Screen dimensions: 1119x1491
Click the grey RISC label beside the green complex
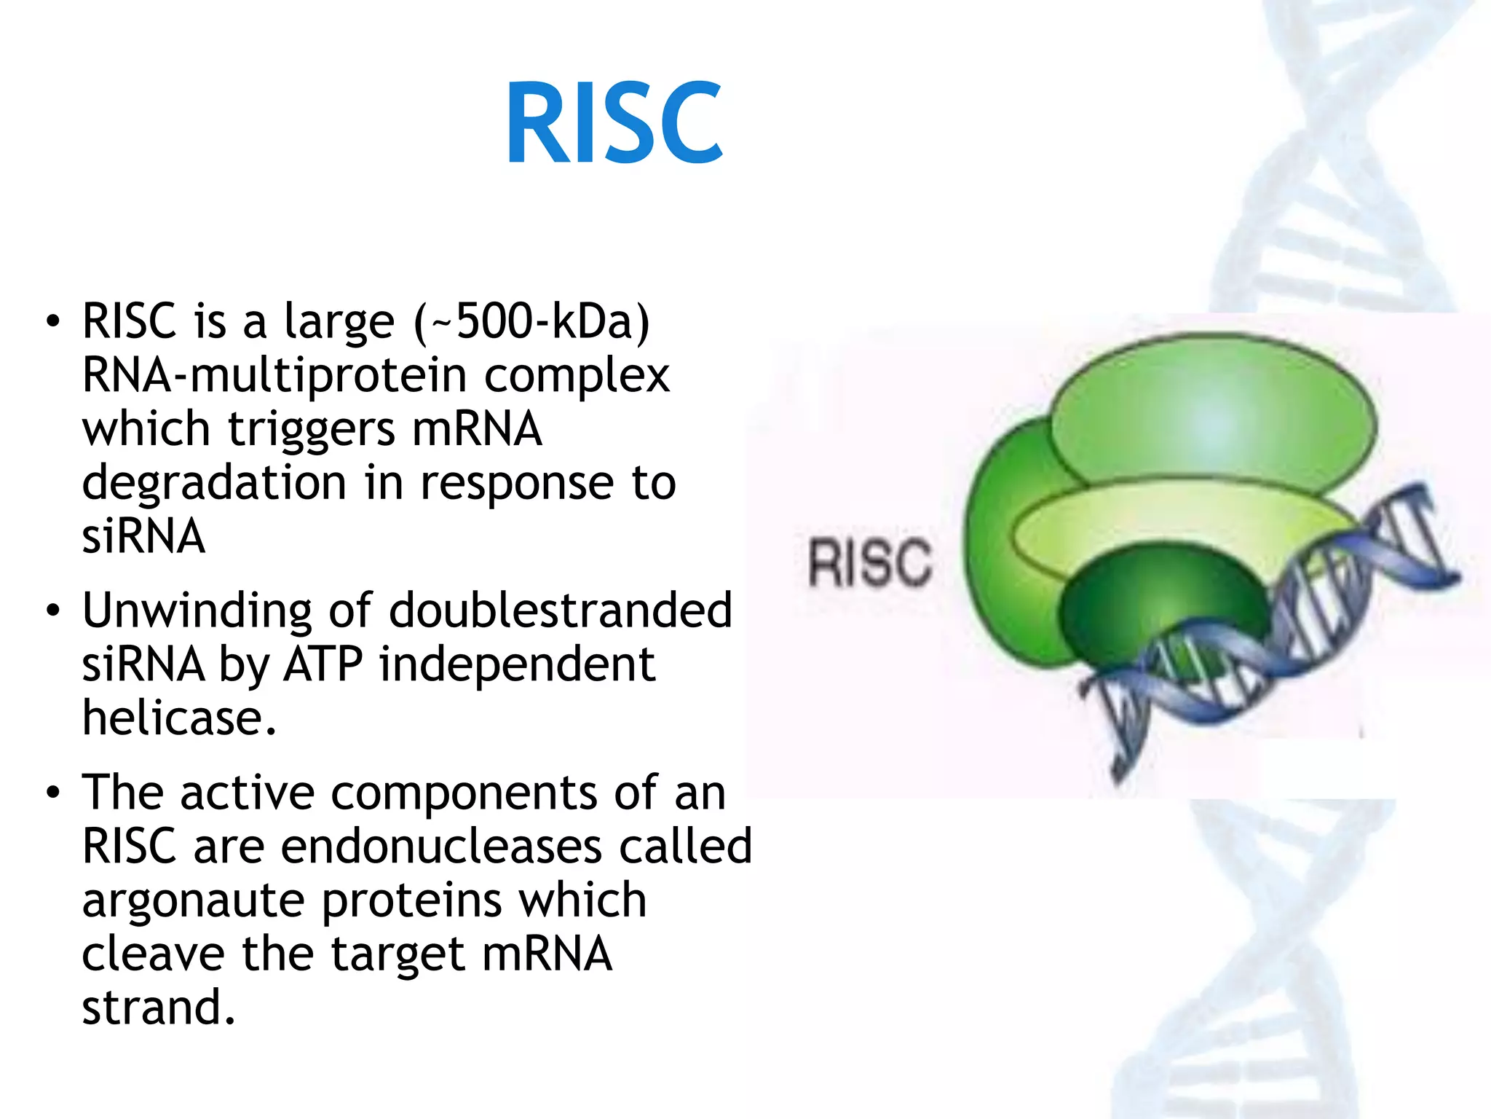coord(869,562)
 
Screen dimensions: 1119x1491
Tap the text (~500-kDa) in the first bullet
coord(531,321)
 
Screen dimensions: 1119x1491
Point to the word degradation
coord(214,483)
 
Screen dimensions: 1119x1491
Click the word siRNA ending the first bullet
coord(143,537)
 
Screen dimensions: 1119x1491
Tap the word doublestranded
coord(560,610)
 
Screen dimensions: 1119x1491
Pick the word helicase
coord(178,718)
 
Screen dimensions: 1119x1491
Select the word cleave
coord(152,954)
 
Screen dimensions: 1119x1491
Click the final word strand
coord(158,1008)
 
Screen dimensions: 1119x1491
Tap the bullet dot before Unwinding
coord(52,610)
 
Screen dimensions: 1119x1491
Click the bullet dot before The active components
coord(52,793)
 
